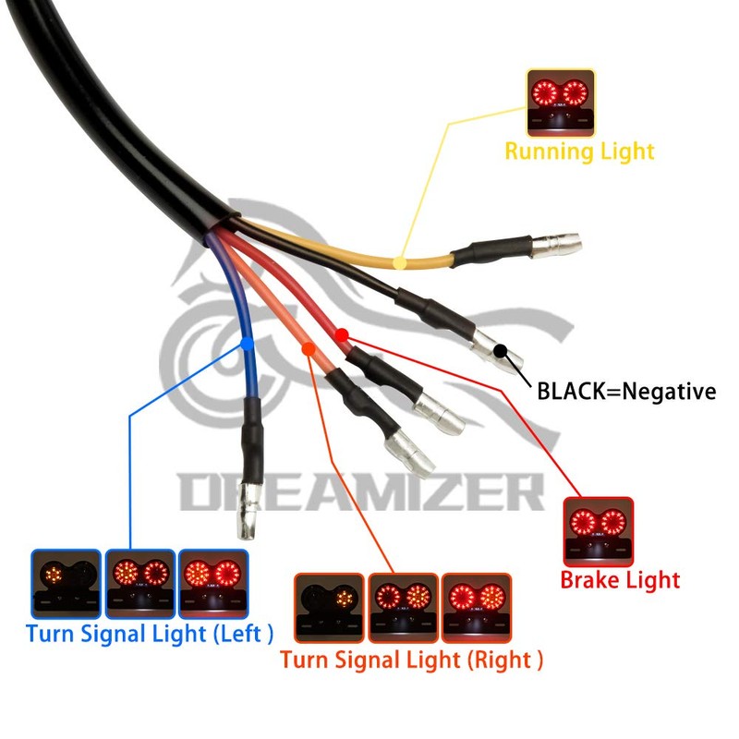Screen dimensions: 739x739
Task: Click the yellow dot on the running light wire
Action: click(400, 262)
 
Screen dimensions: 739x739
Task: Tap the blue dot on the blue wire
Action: click(247, 344)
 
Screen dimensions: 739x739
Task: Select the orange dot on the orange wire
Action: click(309, 349)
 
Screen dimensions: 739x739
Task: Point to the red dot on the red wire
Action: click(342, 335)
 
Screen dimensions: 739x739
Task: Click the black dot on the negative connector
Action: click(501, 351)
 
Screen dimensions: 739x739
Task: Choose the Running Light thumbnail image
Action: click(561, 103)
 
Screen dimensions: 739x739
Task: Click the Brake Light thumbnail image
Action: click(599, 532)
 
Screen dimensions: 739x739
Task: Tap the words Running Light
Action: click(580, 151)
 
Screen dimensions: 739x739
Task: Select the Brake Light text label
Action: click(620, 580)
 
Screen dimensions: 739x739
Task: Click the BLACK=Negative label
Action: click(626, 391)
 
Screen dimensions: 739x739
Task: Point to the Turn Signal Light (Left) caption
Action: click(150, 634)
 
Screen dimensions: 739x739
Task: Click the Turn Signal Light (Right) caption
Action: click(411, 660)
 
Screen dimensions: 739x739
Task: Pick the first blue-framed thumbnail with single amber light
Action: click(66, 584)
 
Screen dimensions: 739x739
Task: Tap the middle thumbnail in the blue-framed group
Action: click(140, 584)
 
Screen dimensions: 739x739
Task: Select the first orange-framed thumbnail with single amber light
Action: click(329, 608)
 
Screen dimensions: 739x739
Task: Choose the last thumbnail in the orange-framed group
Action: click(477, 608)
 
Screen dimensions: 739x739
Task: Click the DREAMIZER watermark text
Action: click(361, 492)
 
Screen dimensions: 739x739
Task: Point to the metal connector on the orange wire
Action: click(410, 453)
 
